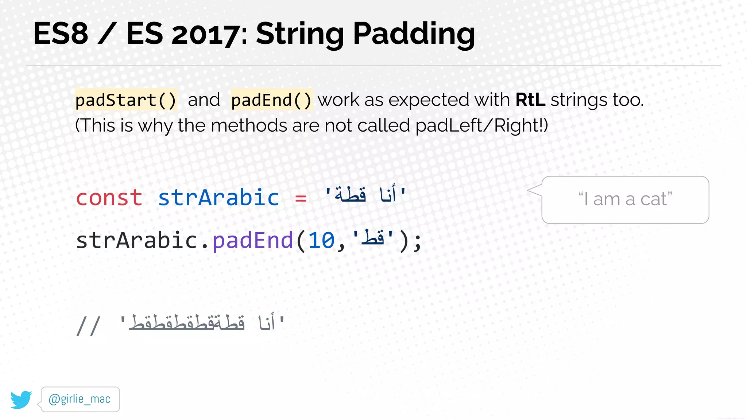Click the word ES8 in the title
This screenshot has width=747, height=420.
(61, 34)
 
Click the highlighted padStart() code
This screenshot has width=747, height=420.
(126, 100)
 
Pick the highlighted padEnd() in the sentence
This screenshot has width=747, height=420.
(271, 100)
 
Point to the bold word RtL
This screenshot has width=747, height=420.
(530, 100)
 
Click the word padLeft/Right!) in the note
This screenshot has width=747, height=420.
(481, 126)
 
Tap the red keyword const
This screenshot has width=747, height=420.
(109, 198)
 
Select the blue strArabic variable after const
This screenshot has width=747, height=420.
(218, 198)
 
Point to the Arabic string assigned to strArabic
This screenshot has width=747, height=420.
(365, 195)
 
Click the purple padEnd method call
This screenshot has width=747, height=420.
(252, 241)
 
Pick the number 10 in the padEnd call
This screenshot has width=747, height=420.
(321, 241)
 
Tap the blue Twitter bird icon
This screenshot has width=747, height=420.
(21, 400)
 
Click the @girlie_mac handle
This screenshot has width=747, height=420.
(80, 399)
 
